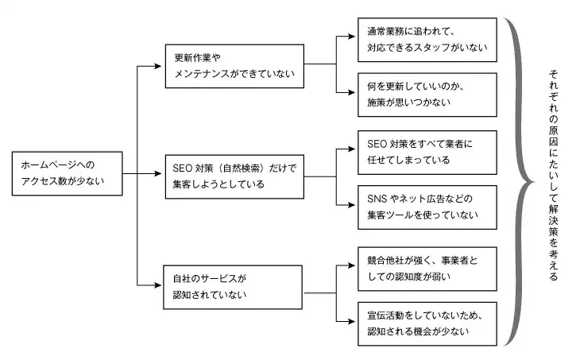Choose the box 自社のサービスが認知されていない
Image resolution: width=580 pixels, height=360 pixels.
(x=233, y=287)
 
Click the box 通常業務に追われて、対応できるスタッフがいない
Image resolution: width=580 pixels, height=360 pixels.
(x=427, y=40)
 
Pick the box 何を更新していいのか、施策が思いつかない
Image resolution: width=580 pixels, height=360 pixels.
(x=427, y=95)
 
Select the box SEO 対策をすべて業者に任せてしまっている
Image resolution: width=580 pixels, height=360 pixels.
(x=427, y=152)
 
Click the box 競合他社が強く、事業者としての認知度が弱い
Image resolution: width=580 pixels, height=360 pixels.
(x=427, y=268)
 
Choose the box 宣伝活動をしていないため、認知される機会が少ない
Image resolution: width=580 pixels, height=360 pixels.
(x=427, y=323)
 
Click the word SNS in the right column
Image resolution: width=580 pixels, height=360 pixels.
(x=376, y=199)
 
